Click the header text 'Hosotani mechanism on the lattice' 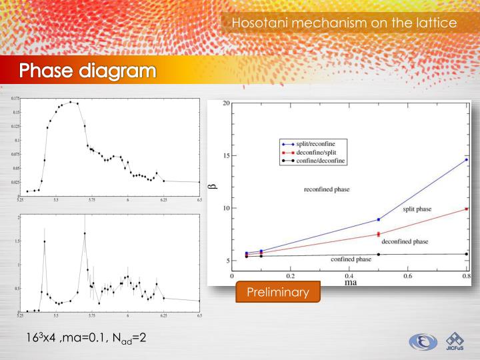coord(344,23)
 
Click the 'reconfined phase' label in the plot coord(327,189)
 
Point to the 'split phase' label coord(418,209)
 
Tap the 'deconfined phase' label coord(405,241)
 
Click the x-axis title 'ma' coord(350,281)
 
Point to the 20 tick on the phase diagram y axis coord(227,103)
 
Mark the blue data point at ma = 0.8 coord(466,160)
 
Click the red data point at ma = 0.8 coord(466,209)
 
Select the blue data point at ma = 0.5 coord(379,219)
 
